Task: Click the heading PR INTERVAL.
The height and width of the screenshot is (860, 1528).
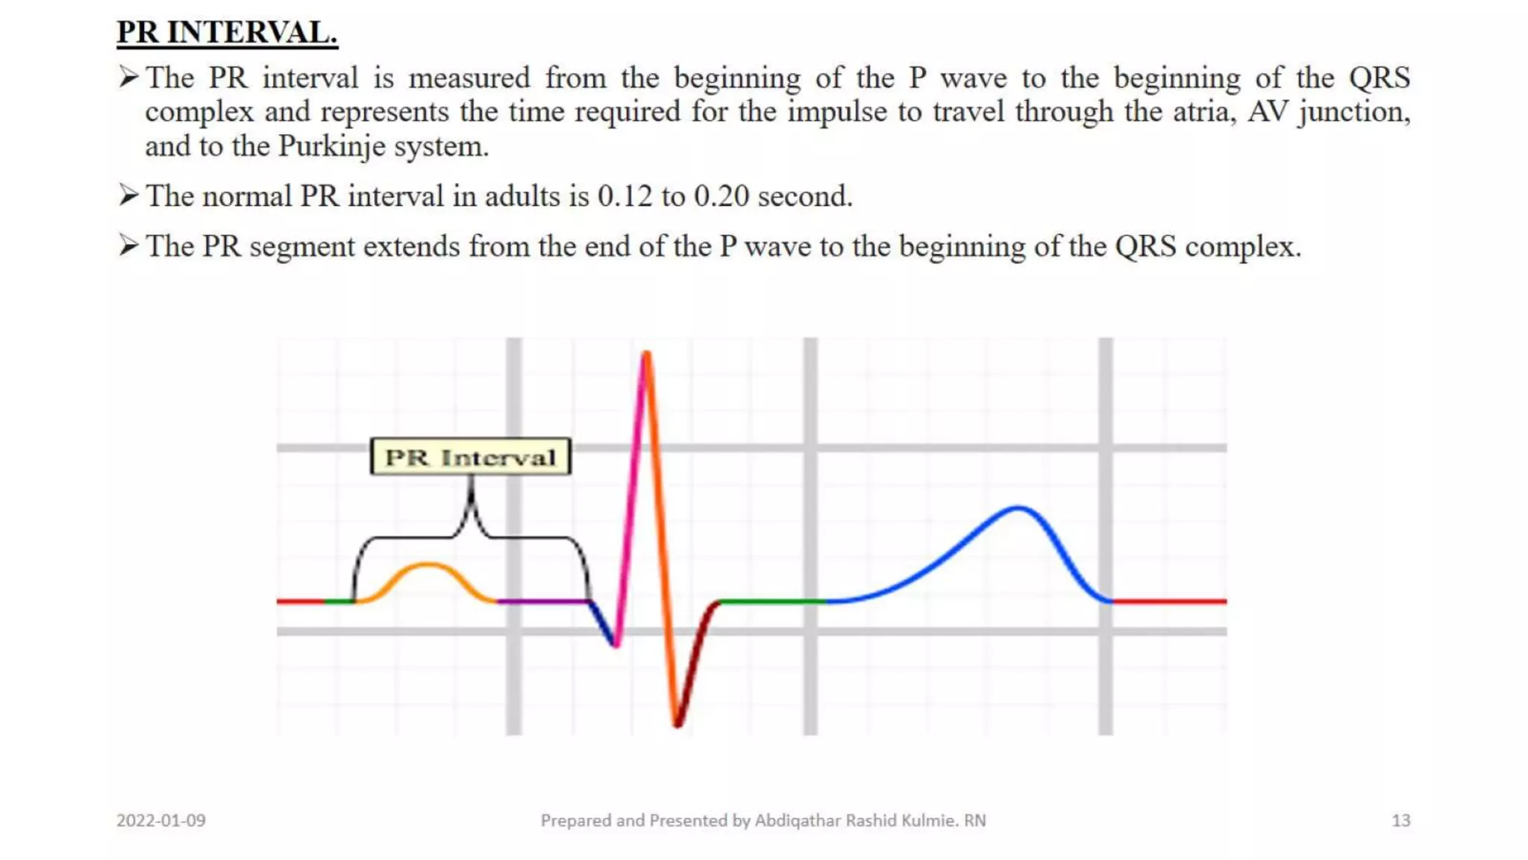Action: click(227, 33)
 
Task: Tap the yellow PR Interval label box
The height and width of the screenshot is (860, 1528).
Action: click(470, 457)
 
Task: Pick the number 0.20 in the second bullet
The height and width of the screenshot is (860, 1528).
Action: click(721, 196)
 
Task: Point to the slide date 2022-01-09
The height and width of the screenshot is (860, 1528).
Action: click(161, 820)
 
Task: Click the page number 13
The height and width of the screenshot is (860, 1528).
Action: click(1400, 820)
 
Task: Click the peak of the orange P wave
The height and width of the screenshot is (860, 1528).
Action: click(427, 565)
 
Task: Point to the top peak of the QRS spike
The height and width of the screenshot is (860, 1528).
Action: click(646, 354)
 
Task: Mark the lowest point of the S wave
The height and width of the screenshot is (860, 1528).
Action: click(677, 723)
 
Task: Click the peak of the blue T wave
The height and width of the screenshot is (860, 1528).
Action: click(1018, 509)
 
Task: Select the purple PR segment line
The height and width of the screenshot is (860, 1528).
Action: click(543, 601)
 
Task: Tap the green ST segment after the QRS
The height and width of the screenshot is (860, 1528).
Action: click(772, 601)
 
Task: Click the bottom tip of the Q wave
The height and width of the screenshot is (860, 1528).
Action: click(616, 644)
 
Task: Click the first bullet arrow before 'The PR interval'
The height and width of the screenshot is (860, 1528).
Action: click(128, 76)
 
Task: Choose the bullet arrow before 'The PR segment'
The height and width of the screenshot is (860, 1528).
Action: click(128, 245)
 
